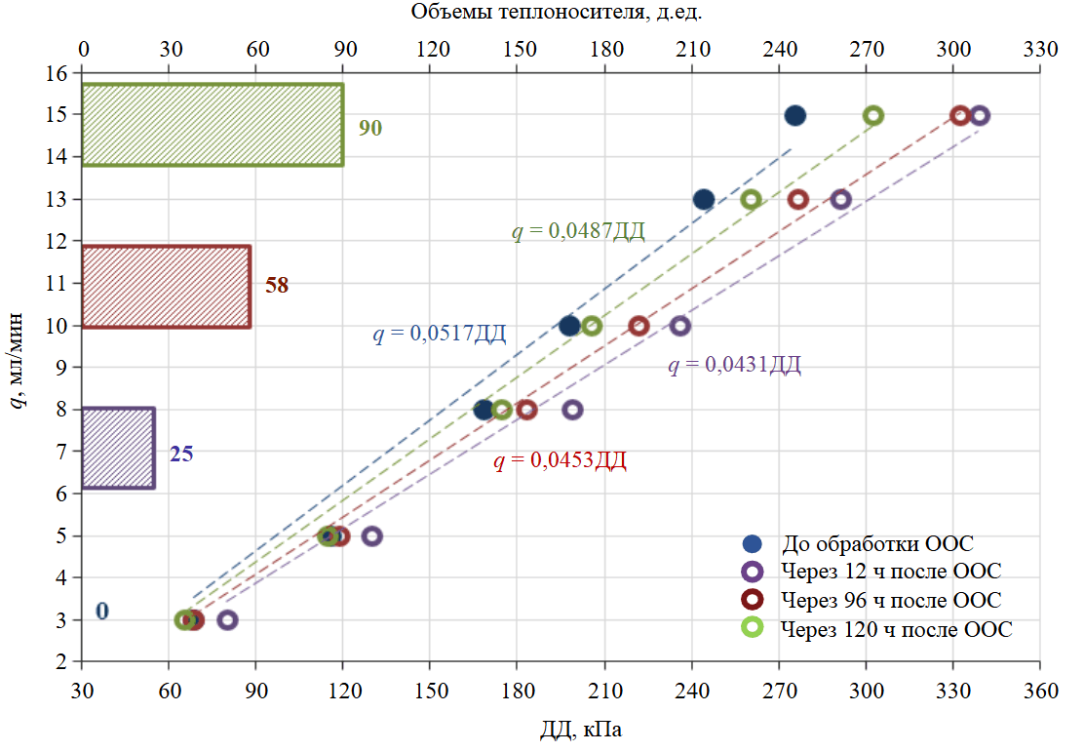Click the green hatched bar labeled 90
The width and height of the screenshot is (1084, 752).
click(213, 125)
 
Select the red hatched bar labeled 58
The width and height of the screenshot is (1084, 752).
click(166, 287)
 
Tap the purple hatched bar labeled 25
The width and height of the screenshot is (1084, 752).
click(118, 448)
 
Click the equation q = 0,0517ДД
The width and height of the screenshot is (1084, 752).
click(440, 335)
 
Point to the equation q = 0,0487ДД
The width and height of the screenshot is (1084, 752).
click(579, 232)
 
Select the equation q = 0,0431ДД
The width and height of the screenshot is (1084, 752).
click(734, 366)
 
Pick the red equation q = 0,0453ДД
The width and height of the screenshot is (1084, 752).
click(561, 461)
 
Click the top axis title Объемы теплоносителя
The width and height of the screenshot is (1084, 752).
click(557, 12)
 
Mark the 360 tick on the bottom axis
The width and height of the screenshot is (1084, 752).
click(1040, 692)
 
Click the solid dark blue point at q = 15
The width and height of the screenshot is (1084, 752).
click(795, 116)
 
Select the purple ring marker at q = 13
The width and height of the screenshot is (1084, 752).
click(841, 199)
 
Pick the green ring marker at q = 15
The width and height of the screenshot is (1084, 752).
click(873, 115)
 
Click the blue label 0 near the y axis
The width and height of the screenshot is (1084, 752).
click(101, 612)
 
